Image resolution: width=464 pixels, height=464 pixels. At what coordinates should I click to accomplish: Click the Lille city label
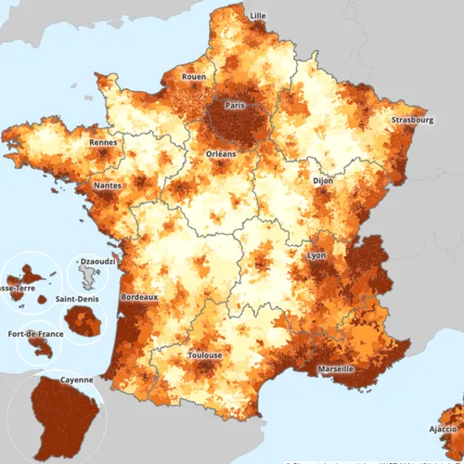tap(257, 16)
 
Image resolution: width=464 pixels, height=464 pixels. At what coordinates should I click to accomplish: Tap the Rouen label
tap(194, 77)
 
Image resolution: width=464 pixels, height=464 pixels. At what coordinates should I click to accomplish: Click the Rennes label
tap(103, 143)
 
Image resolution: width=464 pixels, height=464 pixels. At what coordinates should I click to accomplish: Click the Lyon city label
tap(316, 254)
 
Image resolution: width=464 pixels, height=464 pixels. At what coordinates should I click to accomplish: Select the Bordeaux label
tap(139, 297)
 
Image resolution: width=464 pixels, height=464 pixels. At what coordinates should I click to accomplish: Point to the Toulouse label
tap(204, 355)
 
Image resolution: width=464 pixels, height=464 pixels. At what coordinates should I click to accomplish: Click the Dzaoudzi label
tap(98, 263)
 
